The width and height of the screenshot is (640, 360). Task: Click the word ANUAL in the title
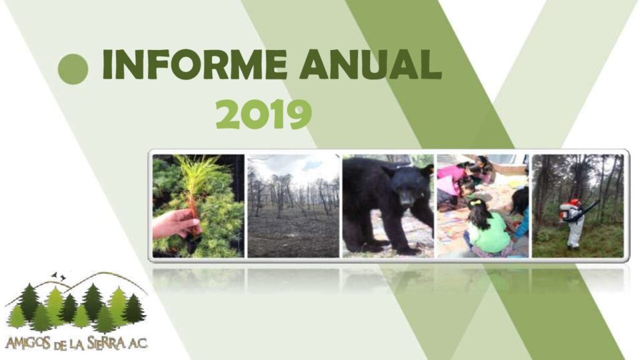tap(371, 64)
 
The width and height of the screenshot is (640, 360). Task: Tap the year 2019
tap(263, 114)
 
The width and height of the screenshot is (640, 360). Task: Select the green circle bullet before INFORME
tap(73, 69)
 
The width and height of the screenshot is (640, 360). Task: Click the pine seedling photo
tap(198, 206)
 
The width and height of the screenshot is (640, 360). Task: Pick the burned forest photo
tap(293, 206)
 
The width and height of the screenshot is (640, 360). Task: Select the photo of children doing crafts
tap(482, 206)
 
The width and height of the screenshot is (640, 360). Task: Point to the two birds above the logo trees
tap(58, 276)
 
